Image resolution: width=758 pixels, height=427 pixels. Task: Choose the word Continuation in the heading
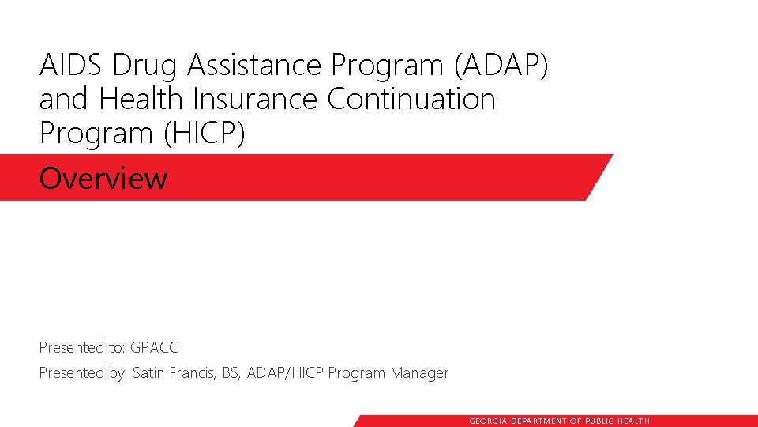tap(411, 100)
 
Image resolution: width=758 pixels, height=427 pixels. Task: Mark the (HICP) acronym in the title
tap(205, 134)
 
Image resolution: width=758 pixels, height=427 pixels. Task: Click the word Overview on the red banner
tap(103, 179)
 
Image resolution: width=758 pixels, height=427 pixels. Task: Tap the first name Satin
tap(148, 372)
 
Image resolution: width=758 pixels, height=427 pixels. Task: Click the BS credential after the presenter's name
tap(231, 372)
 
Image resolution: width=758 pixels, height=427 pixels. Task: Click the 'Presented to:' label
tap(82, 347)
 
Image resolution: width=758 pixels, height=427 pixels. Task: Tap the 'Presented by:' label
tap(83, 372)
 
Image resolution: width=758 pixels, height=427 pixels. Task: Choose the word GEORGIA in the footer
tap(489, 421)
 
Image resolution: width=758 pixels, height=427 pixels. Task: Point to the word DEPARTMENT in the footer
tap(539, 421)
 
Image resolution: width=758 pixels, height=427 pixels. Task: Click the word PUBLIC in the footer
tap(602, 421)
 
